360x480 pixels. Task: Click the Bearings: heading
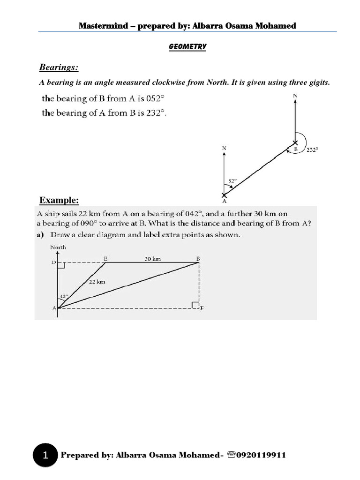pyautogui.click(x=58, y=68)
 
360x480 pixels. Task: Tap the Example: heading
pyautogui.click(x=59, y=201)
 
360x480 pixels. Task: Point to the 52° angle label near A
pyautogui.click(x=232, y=180)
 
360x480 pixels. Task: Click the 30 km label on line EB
pyautogui.click(x=153, y=258)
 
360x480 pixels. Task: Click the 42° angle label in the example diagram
pyautogui.click(x=64, y=296)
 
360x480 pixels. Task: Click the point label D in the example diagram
pyautogui.click(x=53, y=262)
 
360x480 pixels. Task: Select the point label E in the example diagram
pyautogui.click(x=105, y=258)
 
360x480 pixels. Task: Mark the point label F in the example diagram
pyautogui.click(x=202, y=308)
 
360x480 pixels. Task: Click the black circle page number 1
pyautogui.click(x=45, y=455)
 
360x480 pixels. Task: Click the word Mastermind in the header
pyautogui.click(x=101, y=26)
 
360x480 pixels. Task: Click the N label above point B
pyautogui.click(x=295, y=96)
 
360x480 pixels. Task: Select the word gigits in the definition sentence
pyautogui.click(x=319, y=83)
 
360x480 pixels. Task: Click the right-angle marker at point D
pyautogui.click(x=61, y=265)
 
